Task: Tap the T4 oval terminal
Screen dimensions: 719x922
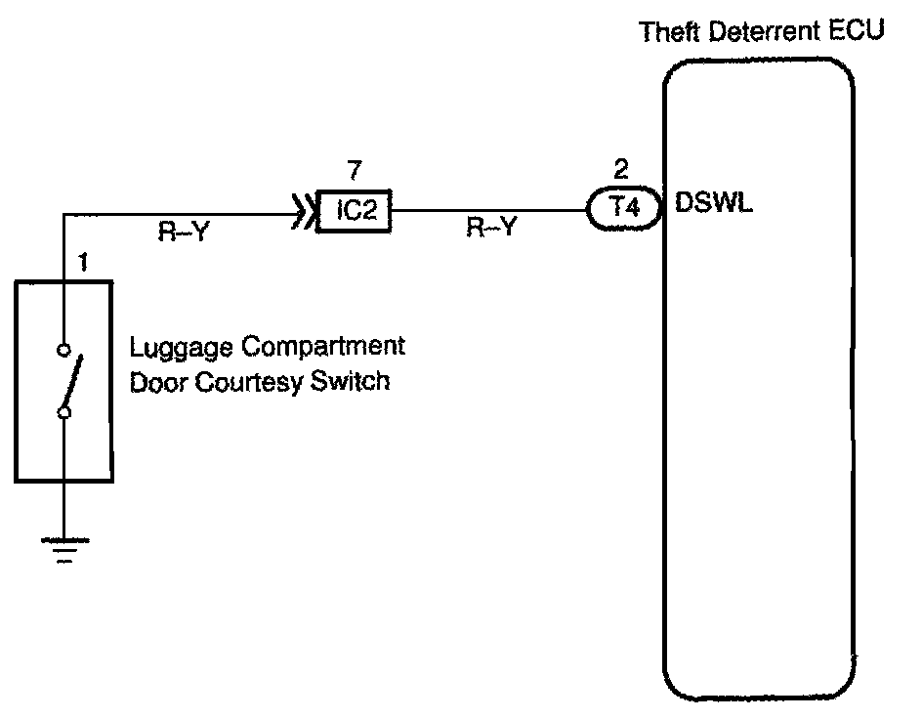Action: (x=621, y=209)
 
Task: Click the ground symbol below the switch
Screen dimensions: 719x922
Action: (x=63, y=552)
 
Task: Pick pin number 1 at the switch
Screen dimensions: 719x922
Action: (x=84, y=263)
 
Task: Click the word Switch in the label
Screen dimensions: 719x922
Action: (x=356, y=380)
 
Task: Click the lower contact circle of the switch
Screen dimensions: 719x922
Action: (x=63, y=414)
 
